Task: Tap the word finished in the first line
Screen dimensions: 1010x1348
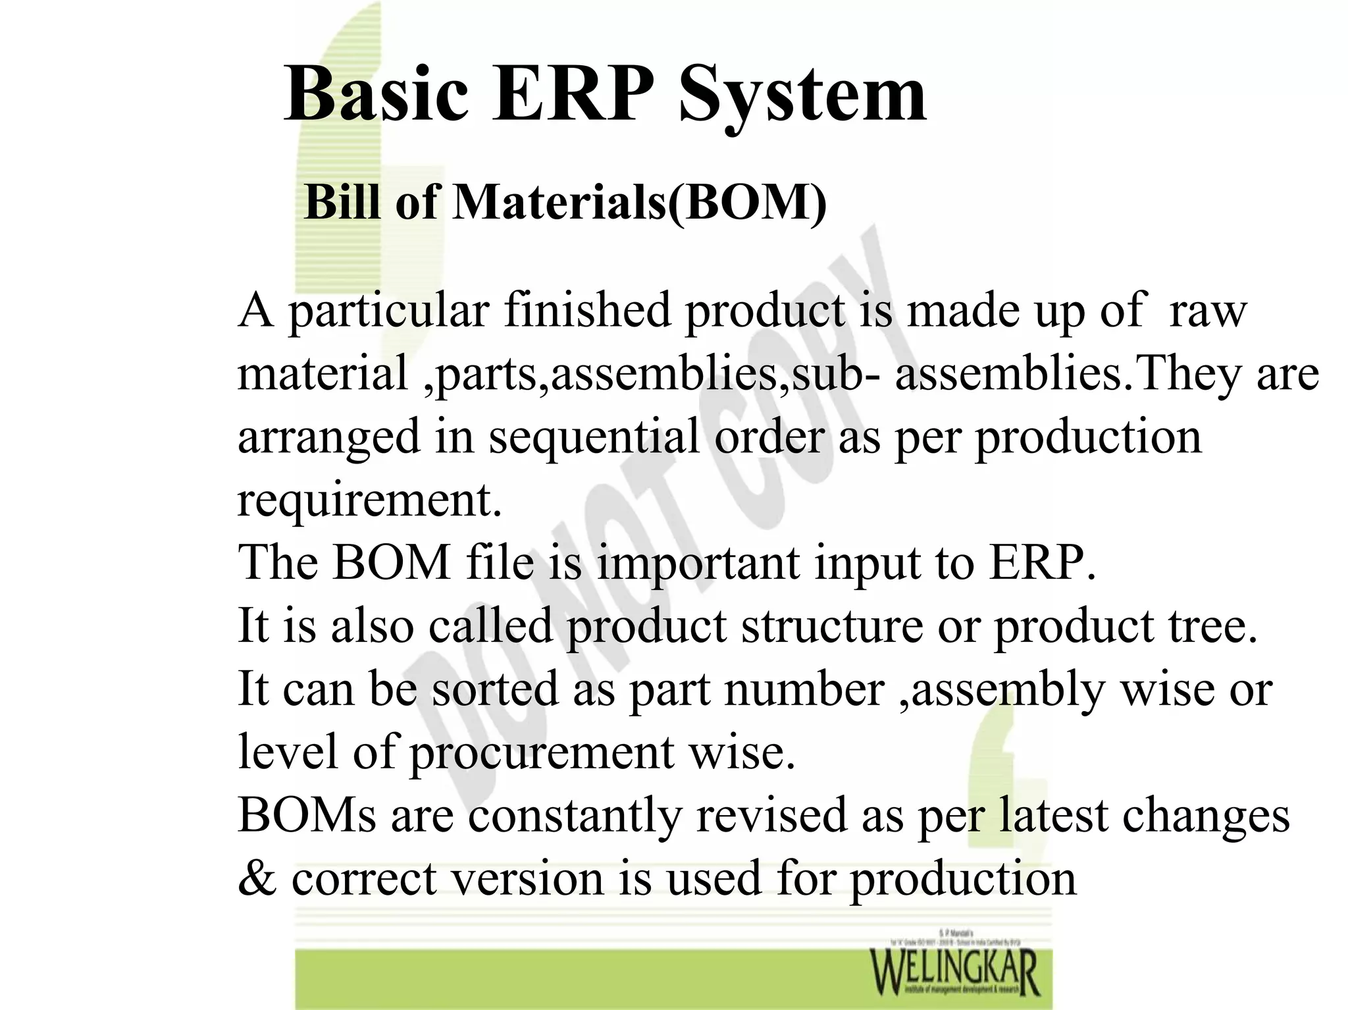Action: (x=587, y=309)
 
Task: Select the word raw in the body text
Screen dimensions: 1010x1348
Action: (x=1207, y=311)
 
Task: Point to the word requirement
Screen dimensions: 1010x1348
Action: (x=369, y=500)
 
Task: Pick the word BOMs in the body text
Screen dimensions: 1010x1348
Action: (x=307, y=815)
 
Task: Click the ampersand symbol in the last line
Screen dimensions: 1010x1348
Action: (x=257, y=879)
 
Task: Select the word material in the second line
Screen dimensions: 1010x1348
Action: (x=322, y=373)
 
